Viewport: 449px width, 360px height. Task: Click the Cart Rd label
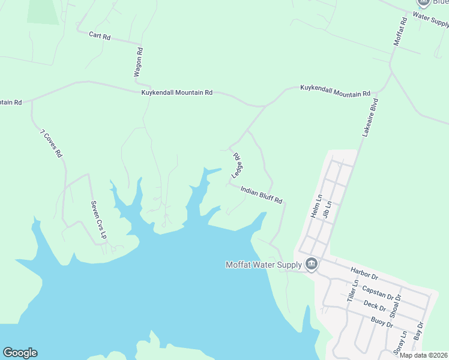pyautogui.click(x=100, y=36)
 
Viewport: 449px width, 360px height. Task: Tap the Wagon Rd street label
pyautogui.click(x=139, y=62)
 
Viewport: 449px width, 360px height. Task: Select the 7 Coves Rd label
pyautogui.click(x=52, y=143)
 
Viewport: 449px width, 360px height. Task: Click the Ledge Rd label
pyautogui.click(x=237, y=164)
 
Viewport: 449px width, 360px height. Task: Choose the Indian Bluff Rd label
pyautogui.click(x=261, y=194)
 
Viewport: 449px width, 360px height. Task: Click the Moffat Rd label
pyautogui.click(x=400, y=32)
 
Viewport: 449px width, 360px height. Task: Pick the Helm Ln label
pyautogui.click(x=316, y=205)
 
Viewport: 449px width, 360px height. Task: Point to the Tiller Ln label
pyautogui.click(x=352, y=290)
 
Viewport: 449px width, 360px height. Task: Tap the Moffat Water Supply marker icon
pyautogui.click(x=311, y=264)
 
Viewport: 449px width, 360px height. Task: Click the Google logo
pyautogui.click(x=20, y=353)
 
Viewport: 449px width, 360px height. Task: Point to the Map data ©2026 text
pyautogui.click(x=424, y=355)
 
